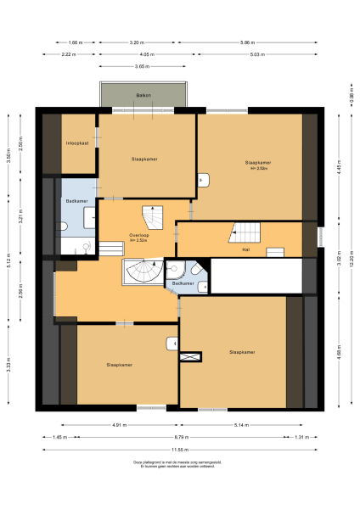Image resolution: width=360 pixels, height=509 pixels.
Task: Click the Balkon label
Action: [x=143, y=96]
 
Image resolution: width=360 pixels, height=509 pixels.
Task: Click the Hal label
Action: [x=245, y=250]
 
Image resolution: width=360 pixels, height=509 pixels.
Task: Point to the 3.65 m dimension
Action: [x=142, y=65]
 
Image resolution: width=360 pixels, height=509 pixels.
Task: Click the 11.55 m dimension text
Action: [x=179, y=448]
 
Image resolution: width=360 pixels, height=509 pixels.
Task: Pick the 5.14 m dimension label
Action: [x=243, y=424]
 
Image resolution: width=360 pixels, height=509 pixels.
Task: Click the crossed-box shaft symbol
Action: [x=188, y=358]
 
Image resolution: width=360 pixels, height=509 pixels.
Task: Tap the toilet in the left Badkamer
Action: [x=65, y=227]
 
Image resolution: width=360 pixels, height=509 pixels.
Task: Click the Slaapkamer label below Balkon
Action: [x=143, y=159]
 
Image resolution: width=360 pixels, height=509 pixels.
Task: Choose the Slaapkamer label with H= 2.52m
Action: [x=257, y=164]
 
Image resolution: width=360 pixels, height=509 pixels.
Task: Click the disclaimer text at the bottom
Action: [x=179, y=463]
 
